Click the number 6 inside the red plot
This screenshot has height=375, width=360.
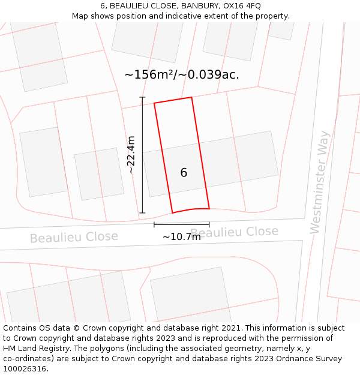coord(184,173)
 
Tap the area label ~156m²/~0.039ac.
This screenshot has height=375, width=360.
coord(181,75)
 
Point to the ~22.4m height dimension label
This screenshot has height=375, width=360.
coord(131,155)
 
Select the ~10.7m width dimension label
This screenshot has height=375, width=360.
coord(181,236)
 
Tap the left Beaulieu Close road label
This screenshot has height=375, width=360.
coord(74,238)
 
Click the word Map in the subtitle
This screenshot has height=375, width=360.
coord(81,16)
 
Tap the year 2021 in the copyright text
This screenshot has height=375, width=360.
coord(230,328)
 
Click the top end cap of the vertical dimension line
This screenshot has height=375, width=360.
coord(142,97)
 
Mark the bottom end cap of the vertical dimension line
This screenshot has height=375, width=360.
coord(142,212)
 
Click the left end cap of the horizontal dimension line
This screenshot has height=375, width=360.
coord(154,225)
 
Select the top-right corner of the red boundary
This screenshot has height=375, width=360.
coord(191,97)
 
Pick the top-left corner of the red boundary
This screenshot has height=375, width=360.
coord(154,103)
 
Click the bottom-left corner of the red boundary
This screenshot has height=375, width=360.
coord(173,212)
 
